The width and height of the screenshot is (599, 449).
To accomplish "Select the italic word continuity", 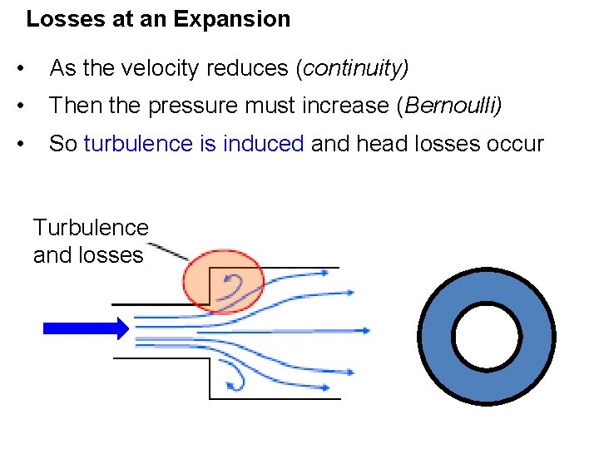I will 353,68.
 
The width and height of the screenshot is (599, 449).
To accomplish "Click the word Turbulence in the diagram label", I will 91,227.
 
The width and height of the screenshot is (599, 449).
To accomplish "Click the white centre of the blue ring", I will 487,336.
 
